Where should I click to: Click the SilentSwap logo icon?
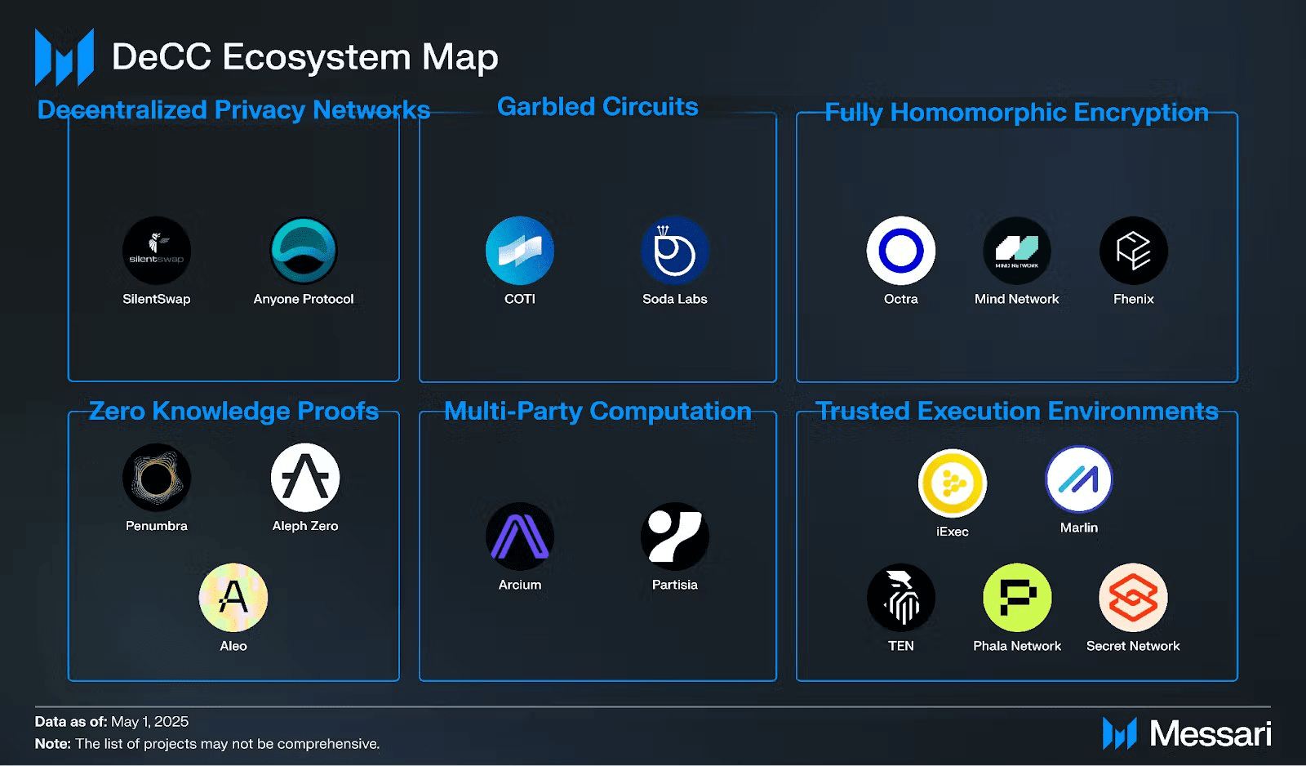pos(157,251)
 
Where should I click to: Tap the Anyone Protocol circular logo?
pos(304,251)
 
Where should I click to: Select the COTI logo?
pos(520,251)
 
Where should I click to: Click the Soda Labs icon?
pos(675,251)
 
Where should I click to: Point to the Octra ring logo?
pos(901,251)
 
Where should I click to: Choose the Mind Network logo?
pos(1017,251)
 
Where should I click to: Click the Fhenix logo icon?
pos(1134,251)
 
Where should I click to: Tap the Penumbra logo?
pos(157,478)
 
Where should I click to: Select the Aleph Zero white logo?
pos(305,478)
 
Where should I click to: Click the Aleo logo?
pos(233,598)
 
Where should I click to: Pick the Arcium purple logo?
pos(520,537)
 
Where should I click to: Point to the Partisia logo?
pos(675,537)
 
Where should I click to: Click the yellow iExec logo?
pos(953,483)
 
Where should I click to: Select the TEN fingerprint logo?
pos(901,598)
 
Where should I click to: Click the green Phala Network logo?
pos(1017,598)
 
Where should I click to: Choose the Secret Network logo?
pos(1134,598)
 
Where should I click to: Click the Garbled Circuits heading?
pos(597,107)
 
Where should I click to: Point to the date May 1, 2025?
pos(150,722)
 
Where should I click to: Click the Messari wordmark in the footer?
pos(1210,733)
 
